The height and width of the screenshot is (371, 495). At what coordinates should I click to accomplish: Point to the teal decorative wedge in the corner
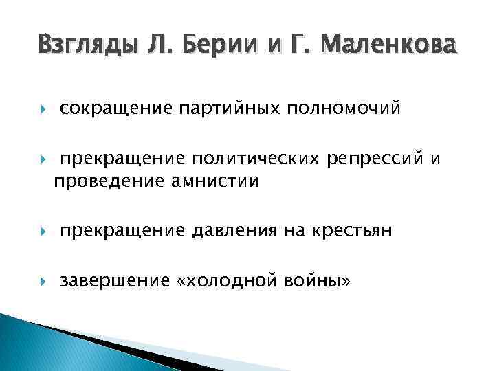click(41, 347)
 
